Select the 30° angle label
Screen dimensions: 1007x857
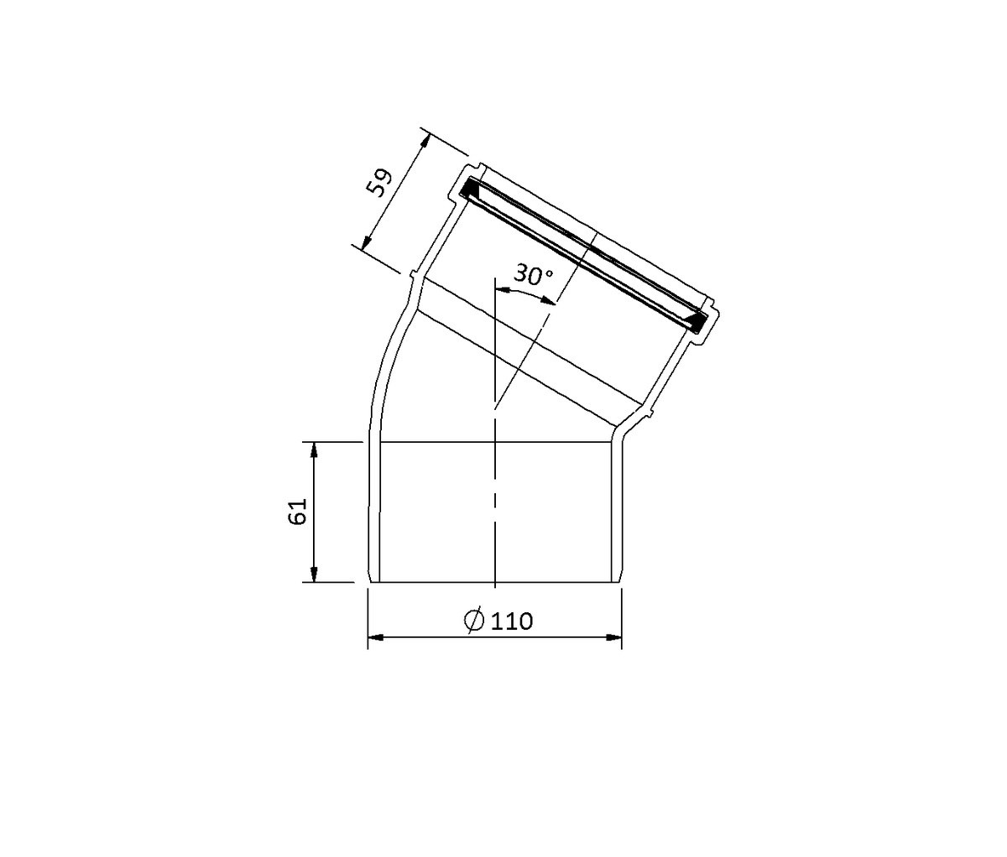click(534, 274)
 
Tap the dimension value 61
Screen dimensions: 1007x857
click(298, 512)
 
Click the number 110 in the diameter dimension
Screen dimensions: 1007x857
click(512, 621)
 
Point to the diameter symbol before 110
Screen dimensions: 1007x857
click(474, 621)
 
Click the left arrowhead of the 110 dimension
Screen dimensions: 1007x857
click(375, 637)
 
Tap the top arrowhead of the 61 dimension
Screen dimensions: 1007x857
click(314, 449)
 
